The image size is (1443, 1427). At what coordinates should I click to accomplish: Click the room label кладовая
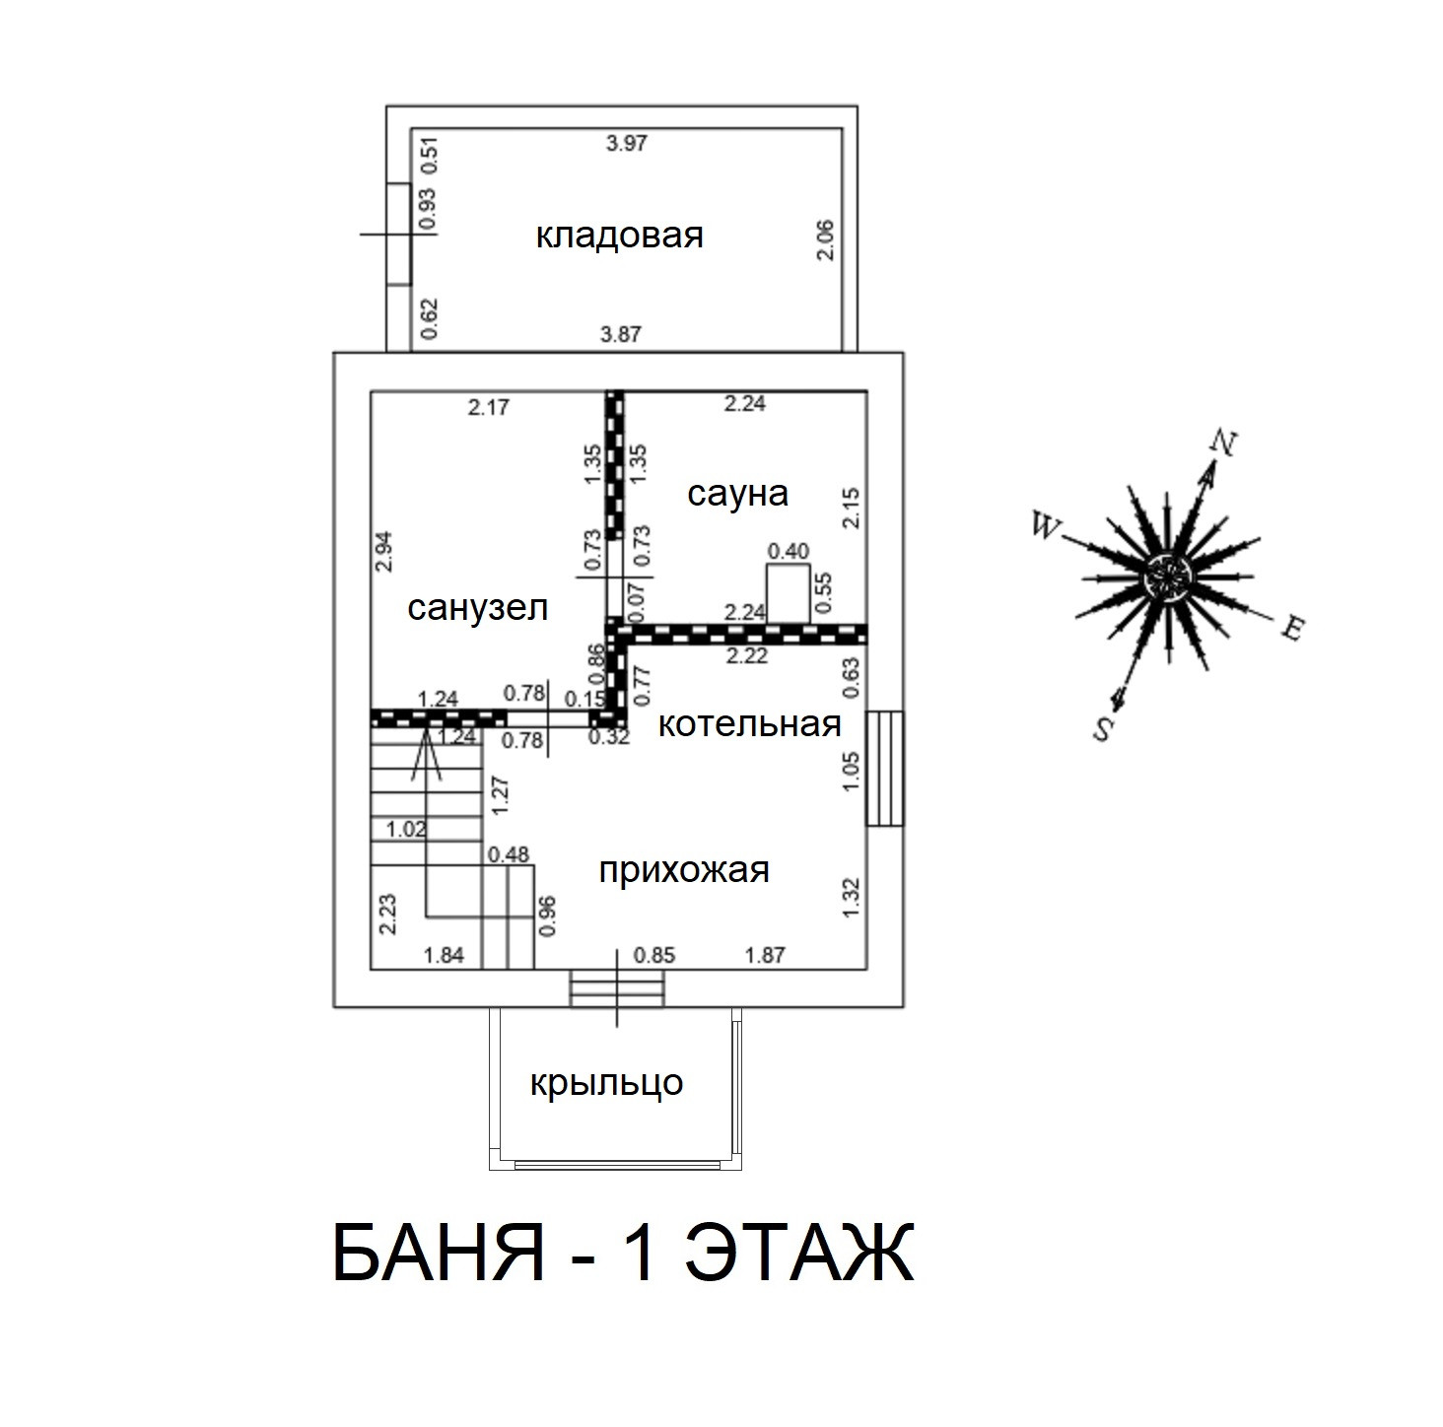(619, 237)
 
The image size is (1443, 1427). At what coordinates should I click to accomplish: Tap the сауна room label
(737, 493)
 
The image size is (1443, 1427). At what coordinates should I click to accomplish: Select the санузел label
(477, 608)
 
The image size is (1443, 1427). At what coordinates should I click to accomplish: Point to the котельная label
(749, 724)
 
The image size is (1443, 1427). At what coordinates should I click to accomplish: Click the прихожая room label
(684, 870)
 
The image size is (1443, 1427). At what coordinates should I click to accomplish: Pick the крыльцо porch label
(606, 1083)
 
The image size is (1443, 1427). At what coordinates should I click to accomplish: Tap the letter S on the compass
(1103, 729)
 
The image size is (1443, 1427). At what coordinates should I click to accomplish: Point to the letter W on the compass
(1044, 525)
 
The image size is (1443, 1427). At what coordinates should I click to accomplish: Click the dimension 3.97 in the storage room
(626, 144)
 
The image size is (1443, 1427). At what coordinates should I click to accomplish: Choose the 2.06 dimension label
(826, 239)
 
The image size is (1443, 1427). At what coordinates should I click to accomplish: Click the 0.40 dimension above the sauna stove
(788, 551)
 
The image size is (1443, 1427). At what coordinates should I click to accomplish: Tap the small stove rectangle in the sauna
(788, 593)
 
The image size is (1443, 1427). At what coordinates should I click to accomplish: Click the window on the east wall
(884, 768)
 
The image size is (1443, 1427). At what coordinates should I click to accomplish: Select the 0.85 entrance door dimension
(654, 955)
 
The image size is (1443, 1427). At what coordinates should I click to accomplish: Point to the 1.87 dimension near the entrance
(765, 955)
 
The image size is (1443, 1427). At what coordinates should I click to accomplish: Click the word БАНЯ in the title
(439, 1254)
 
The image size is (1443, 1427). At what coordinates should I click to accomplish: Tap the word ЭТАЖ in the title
(798, 1254)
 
